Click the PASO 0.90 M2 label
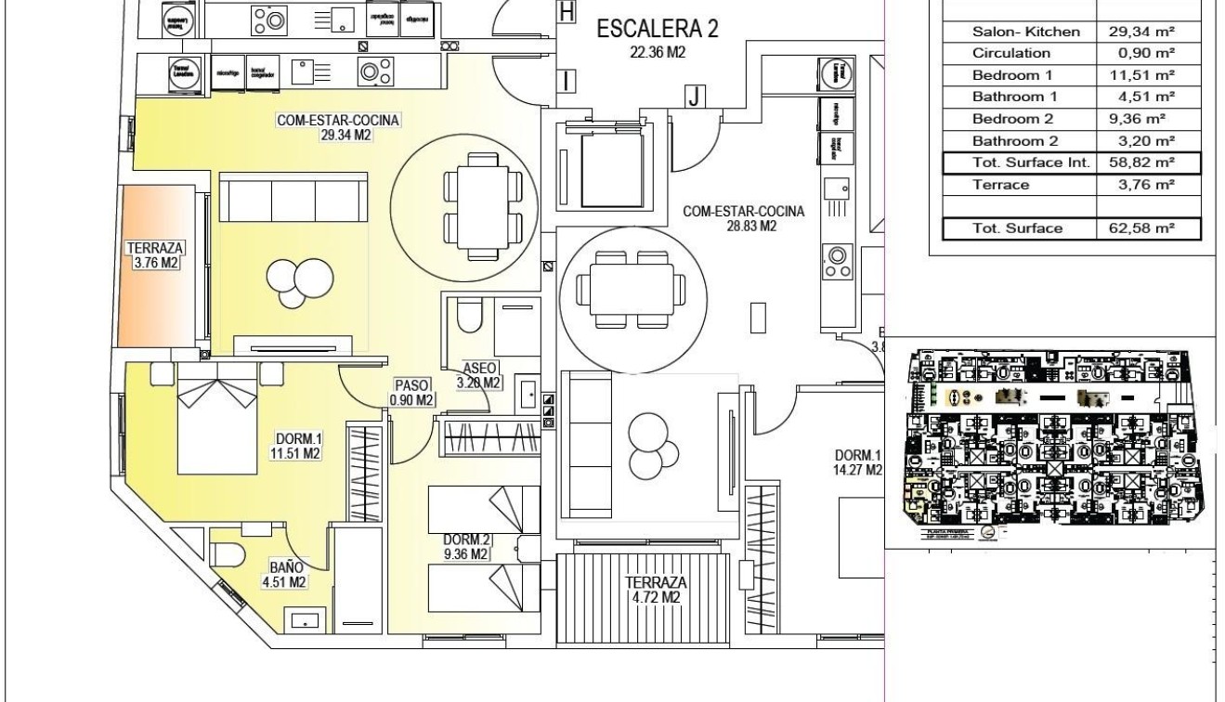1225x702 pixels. point(412,392)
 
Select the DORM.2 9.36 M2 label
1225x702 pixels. point(466,547)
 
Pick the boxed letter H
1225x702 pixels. point(567,11)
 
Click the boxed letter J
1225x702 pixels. point(693,95)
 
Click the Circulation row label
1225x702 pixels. point(1011,53)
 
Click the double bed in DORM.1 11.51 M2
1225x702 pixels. point(217,423)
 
